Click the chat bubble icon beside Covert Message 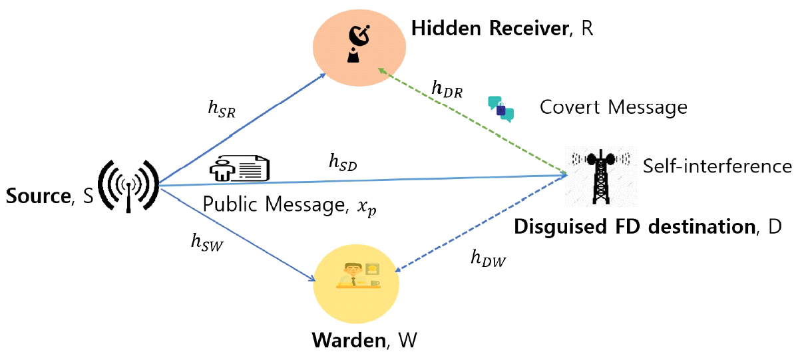pos(501,109)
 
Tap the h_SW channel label pos(206,245)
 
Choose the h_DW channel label pos(488,259)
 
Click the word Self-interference pos(717,166)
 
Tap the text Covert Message pos(613,107)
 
